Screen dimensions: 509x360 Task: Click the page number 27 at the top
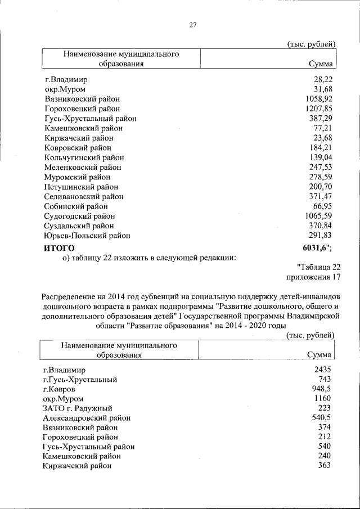(x=192, y=25)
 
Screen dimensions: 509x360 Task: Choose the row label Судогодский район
(x=79, y=217)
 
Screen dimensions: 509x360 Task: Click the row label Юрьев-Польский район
(x=87, y=236)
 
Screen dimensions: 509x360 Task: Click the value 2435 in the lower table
(x=323, y=370)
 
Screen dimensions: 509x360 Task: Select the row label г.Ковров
(x=58, y=389)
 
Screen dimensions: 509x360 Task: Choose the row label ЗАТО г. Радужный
(x=78, y=408)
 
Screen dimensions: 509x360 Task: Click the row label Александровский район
(x=87, y=418)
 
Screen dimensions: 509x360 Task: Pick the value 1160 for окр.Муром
(x=323, y=399)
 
